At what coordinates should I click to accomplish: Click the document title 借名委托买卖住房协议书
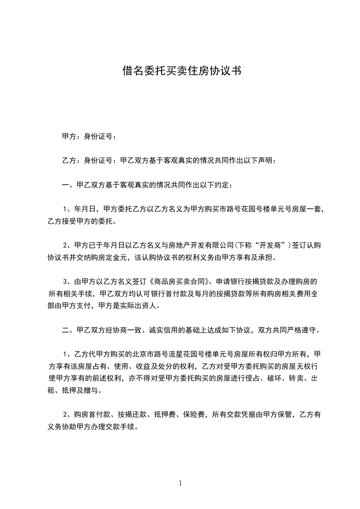tap(180, 70)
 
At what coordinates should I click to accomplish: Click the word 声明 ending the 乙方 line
tap(266, 160)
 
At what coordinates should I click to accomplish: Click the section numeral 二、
tap(67, 330)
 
